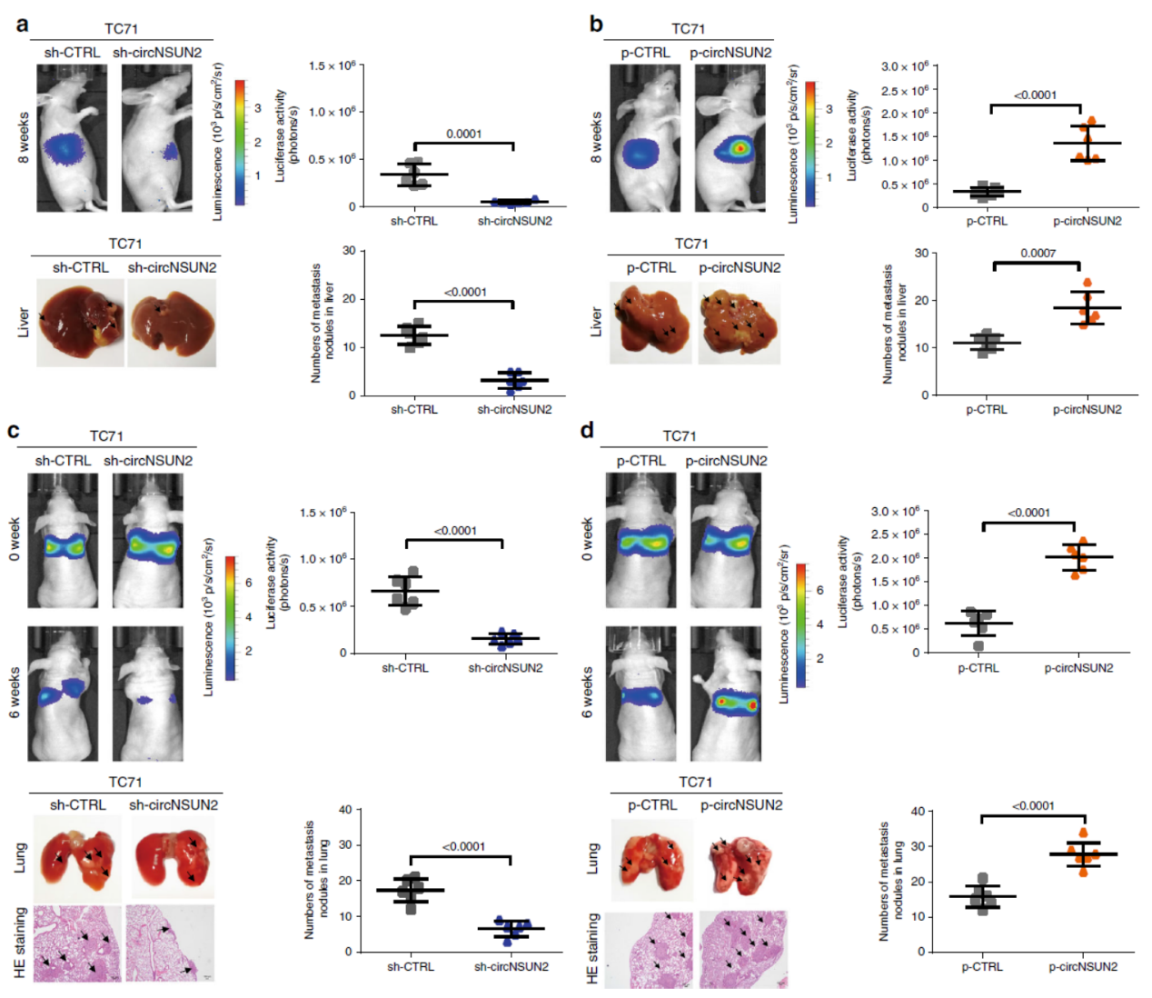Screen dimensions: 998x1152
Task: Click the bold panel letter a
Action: tap(22, 24)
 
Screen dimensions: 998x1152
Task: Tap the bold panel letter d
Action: tap(588, 429)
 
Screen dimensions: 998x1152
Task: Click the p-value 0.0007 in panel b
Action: tap(1038, 253)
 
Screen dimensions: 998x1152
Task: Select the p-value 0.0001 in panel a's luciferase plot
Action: tap(463, 134)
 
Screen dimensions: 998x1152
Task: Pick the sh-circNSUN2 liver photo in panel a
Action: tap(171, 322)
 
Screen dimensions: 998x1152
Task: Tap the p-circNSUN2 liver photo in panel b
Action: tap(739, 322)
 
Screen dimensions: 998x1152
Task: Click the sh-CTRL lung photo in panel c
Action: tap(78, 855)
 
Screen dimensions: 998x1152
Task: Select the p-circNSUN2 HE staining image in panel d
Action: tap(743, 948)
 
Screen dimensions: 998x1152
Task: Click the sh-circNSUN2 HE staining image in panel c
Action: tap(171, 943)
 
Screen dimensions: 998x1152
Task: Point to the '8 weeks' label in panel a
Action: tap(24, 137)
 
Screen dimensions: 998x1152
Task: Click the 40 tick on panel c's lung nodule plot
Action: tap(344, 810)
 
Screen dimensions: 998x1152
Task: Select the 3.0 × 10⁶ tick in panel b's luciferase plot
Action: tap(904, 66)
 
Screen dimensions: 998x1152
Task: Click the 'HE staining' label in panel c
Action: tap(20, 943)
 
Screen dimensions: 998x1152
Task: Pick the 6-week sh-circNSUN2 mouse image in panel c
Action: tap(147, 693)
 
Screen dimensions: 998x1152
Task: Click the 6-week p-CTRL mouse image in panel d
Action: tap(641, 693)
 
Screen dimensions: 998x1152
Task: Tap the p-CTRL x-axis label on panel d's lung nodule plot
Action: tap(982, 966)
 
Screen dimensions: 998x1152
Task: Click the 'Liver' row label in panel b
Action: tap(596, 321)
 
